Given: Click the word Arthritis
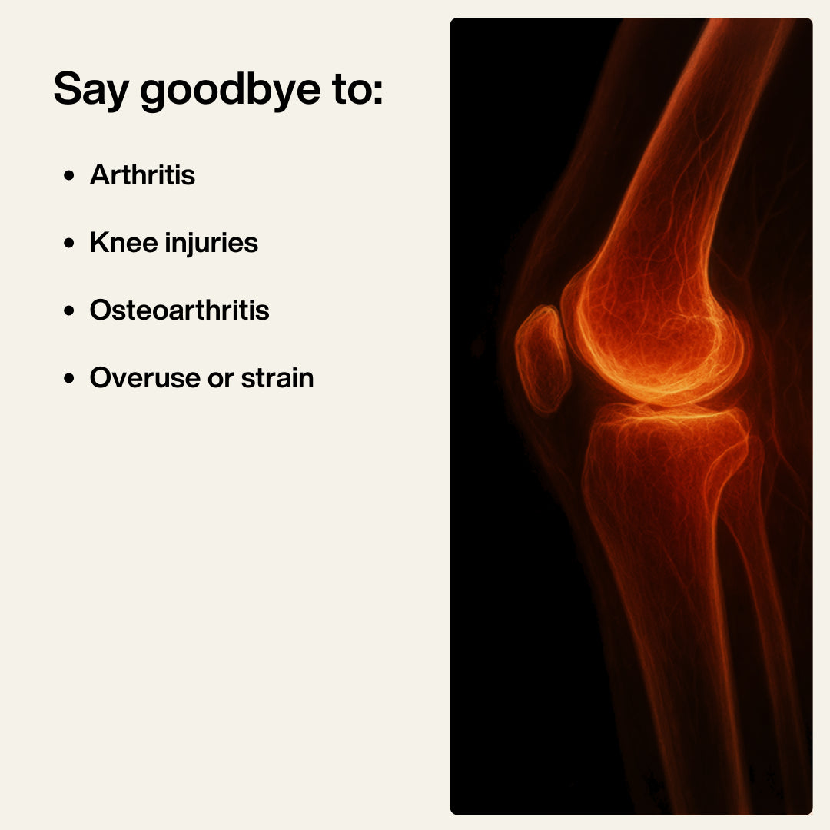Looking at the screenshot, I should coord(142,175).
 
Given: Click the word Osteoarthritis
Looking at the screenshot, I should coord(179,310).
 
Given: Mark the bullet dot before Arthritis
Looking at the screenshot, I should coord(70,176).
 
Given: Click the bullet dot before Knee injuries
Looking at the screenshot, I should coord(70,244).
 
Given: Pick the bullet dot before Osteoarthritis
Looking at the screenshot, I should coord(70,311).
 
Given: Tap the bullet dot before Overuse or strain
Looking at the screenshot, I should coord(70,379).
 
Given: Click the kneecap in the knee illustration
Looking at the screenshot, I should coord(542,357).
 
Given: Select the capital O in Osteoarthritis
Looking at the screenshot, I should coord(100,310).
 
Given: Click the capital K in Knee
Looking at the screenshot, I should coord(98,243).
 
